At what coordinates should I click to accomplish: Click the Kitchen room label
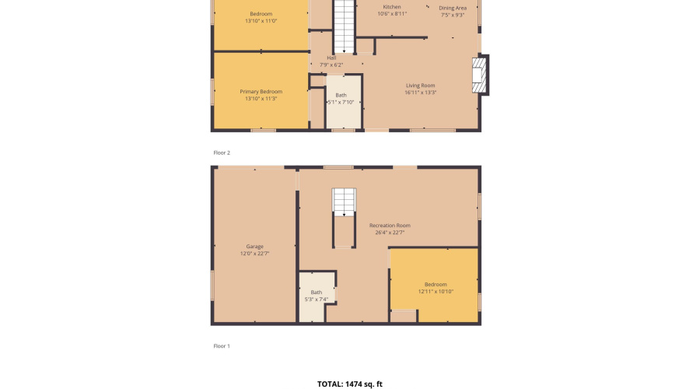click(x=392, y=7)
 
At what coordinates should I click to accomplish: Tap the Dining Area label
click(x=453, y=8)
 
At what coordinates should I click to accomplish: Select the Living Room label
click(x=420, y=86)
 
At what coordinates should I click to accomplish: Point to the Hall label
click(x=331, y=58)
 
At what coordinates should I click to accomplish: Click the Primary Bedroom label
click(x=261, y=92)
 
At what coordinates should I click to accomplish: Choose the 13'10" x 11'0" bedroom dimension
click(x=261, y=21)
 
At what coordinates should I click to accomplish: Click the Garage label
click(x=255, y=247)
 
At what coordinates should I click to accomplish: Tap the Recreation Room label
click(x=390, y=226)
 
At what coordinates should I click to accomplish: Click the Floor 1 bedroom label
click(x=436, y=284)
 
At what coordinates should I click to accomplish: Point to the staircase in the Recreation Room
click(x=344, y=202)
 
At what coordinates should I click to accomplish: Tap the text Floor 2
click(x=222, y=152)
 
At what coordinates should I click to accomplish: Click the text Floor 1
click(x=222, y=345)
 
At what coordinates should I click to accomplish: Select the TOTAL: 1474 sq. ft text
click(x=350, y=384)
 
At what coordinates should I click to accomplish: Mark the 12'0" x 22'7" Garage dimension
click(x=255, y=254)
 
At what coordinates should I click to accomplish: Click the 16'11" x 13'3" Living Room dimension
click(x=420, y=93)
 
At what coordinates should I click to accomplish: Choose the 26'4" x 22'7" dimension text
click(x=390, y=233)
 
